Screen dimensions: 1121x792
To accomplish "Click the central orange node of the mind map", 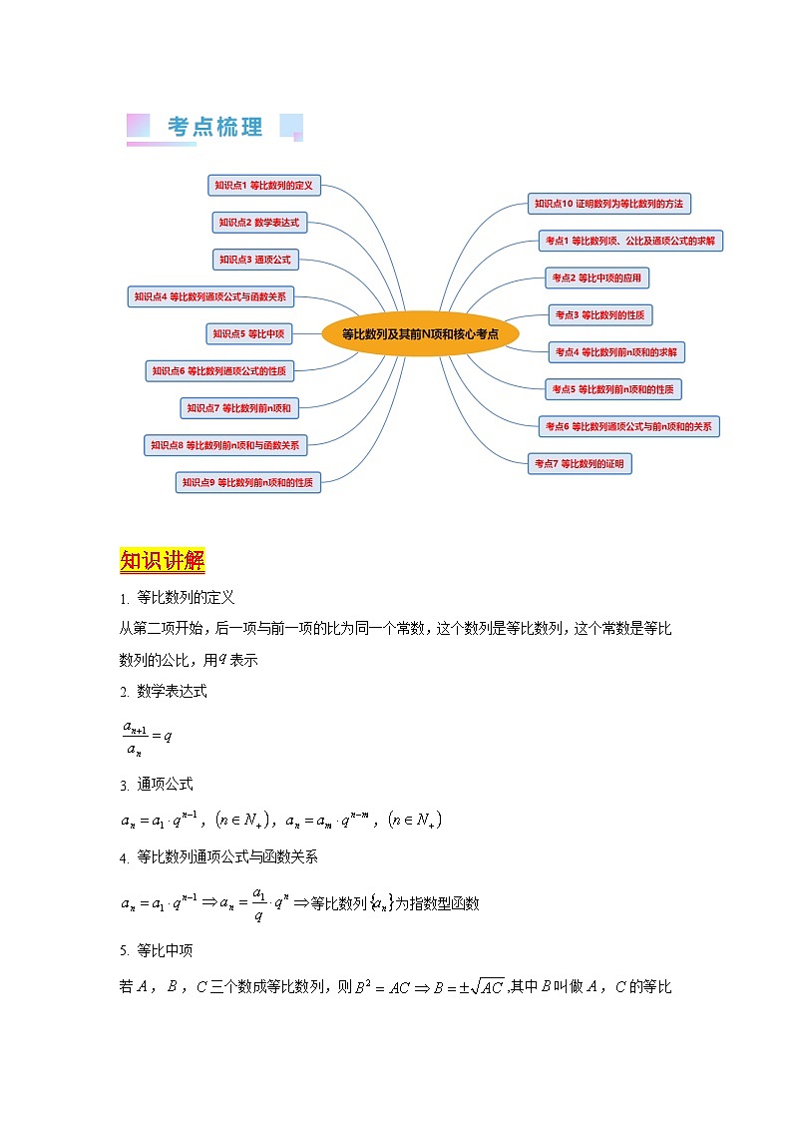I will pos(420,334).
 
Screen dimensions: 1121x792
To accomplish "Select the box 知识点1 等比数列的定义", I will pos(264,185).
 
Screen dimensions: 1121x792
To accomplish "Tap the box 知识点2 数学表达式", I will pos(258,223).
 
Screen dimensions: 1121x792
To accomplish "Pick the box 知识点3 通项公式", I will pos(255,260).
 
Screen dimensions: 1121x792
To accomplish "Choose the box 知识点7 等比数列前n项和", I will pos(239,407).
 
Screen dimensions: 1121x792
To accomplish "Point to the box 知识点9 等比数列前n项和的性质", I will pos(247,482).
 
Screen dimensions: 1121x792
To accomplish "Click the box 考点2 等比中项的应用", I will pos(596,278).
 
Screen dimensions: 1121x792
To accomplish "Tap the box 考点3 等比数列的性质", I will pos(599,315).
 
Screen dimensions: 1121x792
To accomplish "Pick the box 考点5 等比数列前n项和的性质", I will pos(613,389).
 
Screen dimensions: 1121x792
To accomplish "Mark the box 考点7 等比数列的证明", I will pos(580,463).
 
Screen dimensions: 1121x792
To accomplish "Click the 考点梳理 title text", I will pos(214,127).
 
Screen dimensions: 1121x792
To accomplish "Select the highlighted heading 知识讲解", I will pos(162,560).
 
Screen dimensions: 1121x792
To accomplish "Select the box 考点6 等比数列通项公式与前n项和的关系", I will pos(628,426).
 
